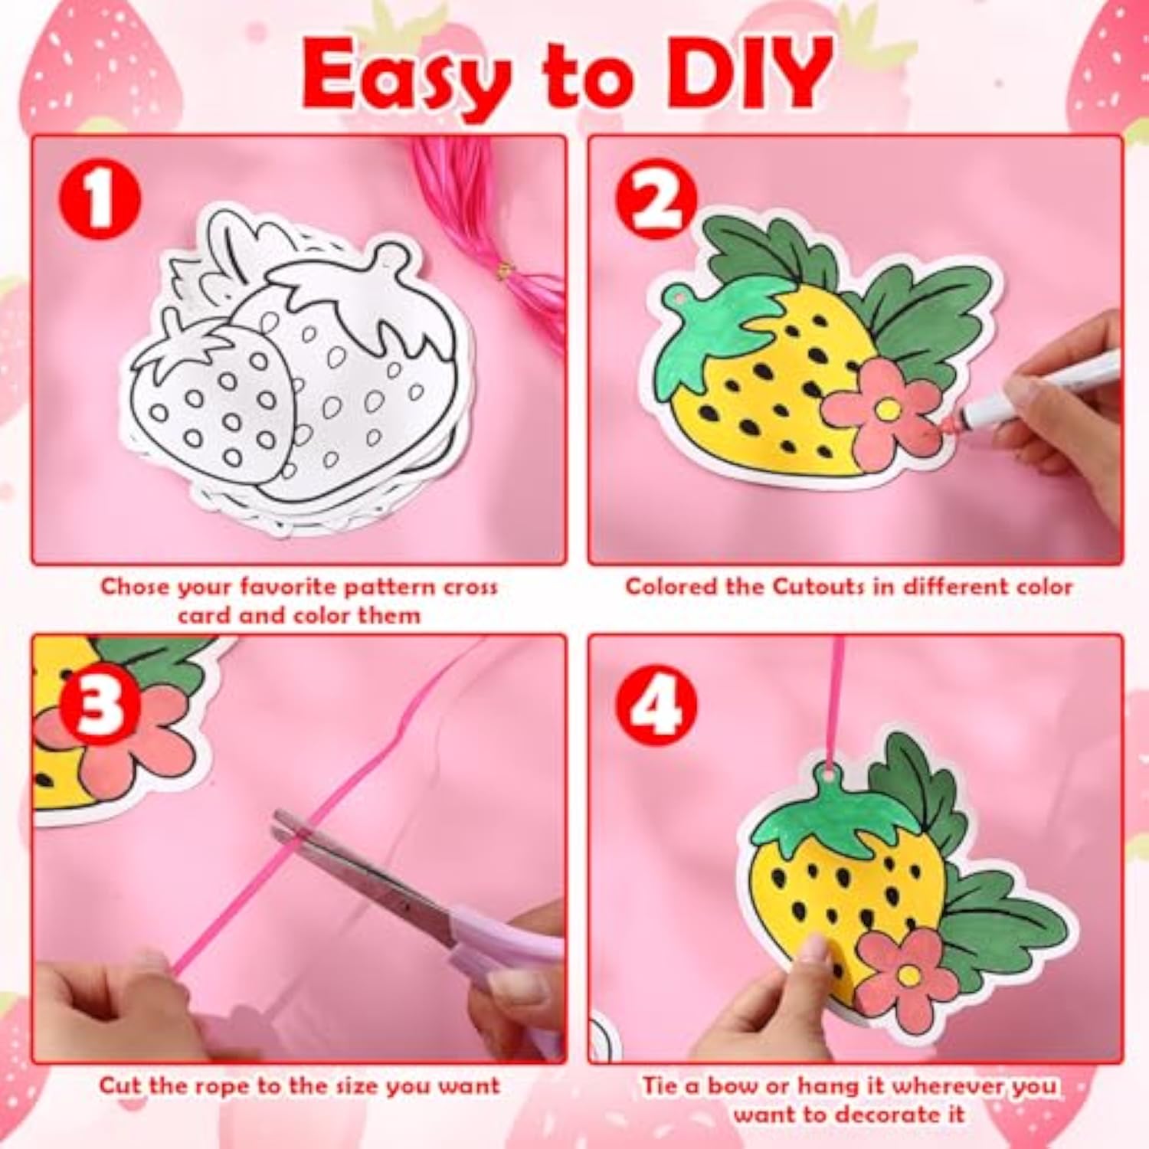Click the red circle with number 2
pos(656,198)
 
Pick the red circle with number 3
pos(101,703)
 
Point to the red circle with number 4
pos(656,703)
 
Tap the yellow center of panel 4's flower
pos(909,975)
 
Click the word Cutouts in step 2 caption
pos(819,587)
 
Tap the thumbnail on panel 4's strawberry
pos(813,950)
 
